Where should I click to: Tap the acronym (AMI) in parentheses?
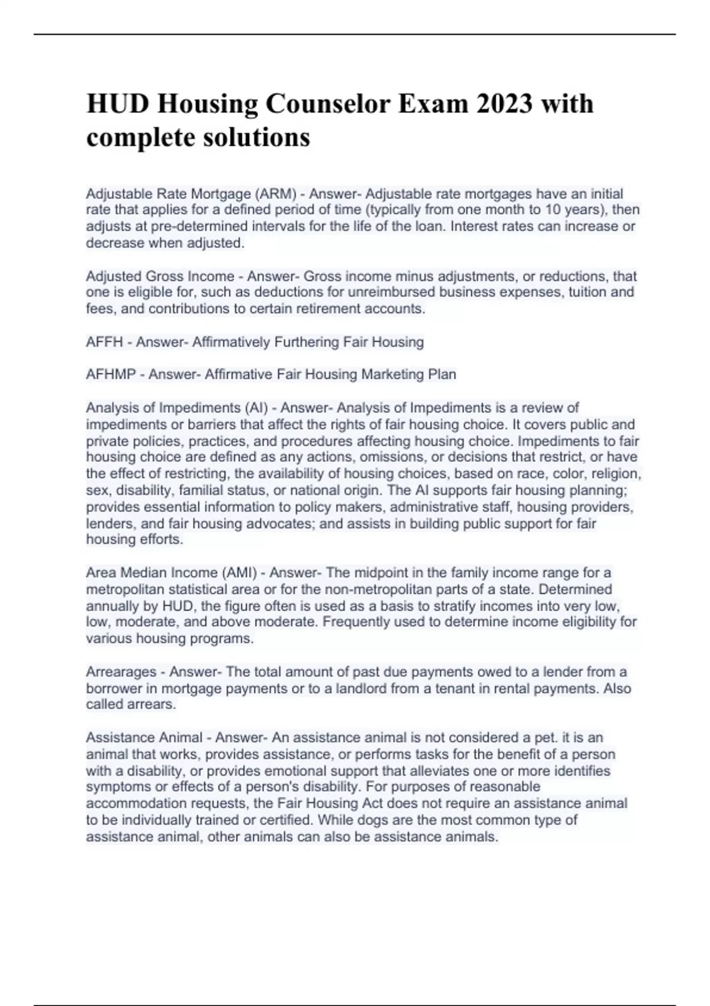pos(240,573)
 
